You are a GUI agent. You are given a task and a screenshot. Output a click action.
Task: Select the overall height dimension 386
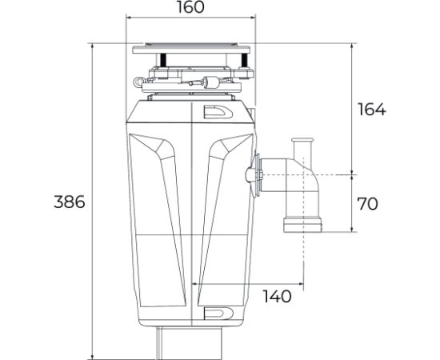click(69, 202)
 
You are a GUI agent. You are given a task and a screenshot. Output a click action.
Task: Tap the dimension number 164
click(370, 110)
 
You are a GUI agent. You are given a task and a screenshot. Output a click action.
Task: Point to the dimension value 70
click(367, 204)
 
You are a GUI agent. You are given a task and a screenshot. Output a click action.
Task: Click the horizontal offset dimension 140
click(277, 297)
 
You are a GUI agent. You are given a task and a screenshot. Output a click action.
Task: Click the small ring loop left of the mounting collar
click(142, 82)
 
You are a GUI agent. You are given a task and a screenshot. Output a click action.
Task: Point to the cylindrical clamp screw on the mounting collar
click(211, 81)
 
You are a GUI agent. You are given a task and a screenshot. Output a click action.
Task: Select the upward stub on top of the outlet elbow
click(302, 149)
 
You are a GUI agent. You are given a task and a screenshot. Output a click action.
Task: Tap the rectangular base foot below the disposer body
click(190, 342)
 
